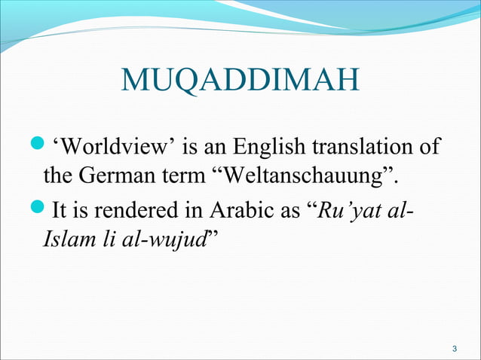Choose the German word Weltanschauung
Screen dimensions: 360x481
tap(306, 178)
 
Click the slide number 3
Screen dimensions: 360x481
tap(454, 348)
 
